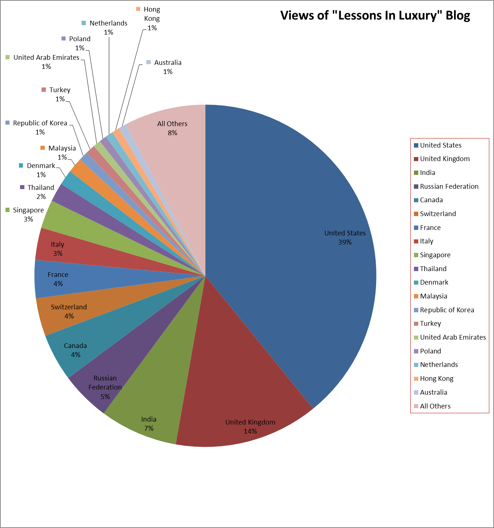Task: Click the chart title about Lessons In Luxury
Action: pyautogui.click(x=375, y=16)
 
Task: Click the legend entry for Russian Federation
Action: pyautogui.click(x=449, y=187)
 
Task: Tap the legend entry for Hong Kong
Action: pyautogui.click(x=436, y=379)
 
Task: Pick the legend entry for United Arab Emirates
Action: pyautogui.click(x=452, y=337)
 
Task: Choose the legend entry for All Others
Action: pyautogui.click(x=435, y=406)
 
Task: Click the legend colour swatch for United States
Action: pyautogui.click(x=416, y=145)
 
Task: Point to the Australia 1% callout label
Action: pyautogui.click(x=167, y=67)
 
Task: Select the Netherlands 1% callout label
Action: pyautogui.click(x=108, y=27)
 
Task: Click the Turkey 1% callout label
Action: pyautogui.click(x=60, y=94)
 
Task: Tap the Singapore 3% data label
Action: pyautogui.click(x=28, y=214)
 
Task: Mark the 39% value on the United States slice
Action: pyautogui.click(x=345, y=242)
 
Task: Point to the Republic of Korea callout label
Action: pyautogui.click(x=40, y=127)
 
